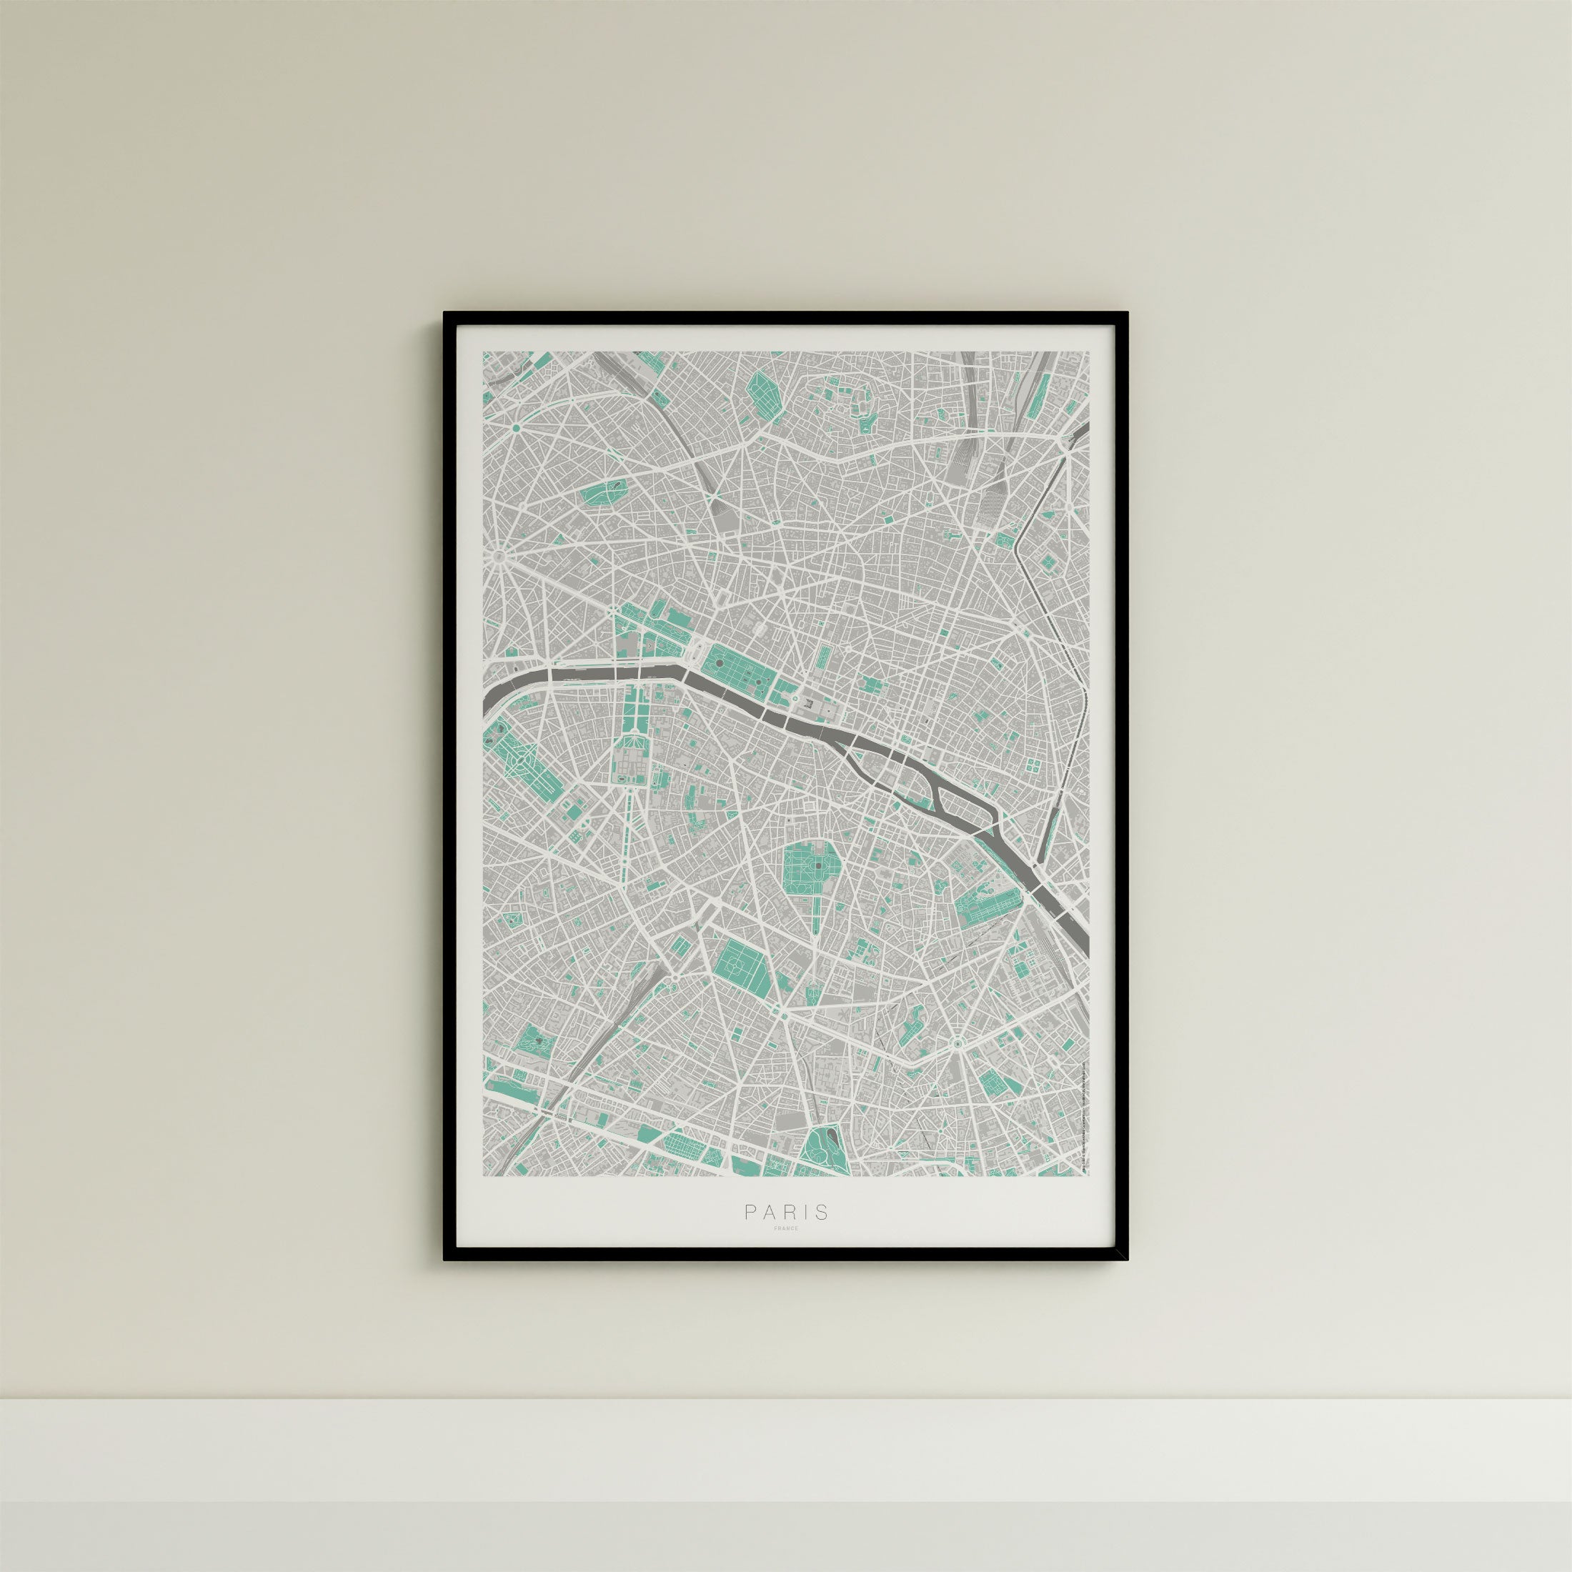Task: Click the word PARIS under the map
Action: (786, 1234)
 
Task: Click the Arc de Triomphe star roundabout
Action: (497, 557)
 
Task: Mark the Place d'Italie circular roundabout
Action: (957, 1043)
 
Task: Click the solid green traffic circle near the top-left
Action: (515, 427)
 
